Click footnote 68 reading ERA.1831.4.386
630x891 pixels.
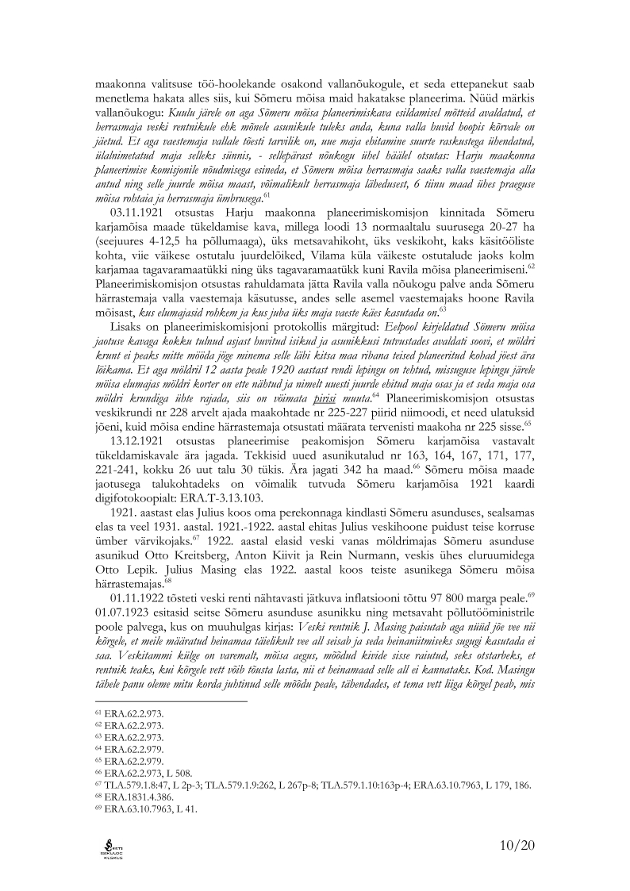coord(128,797)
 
